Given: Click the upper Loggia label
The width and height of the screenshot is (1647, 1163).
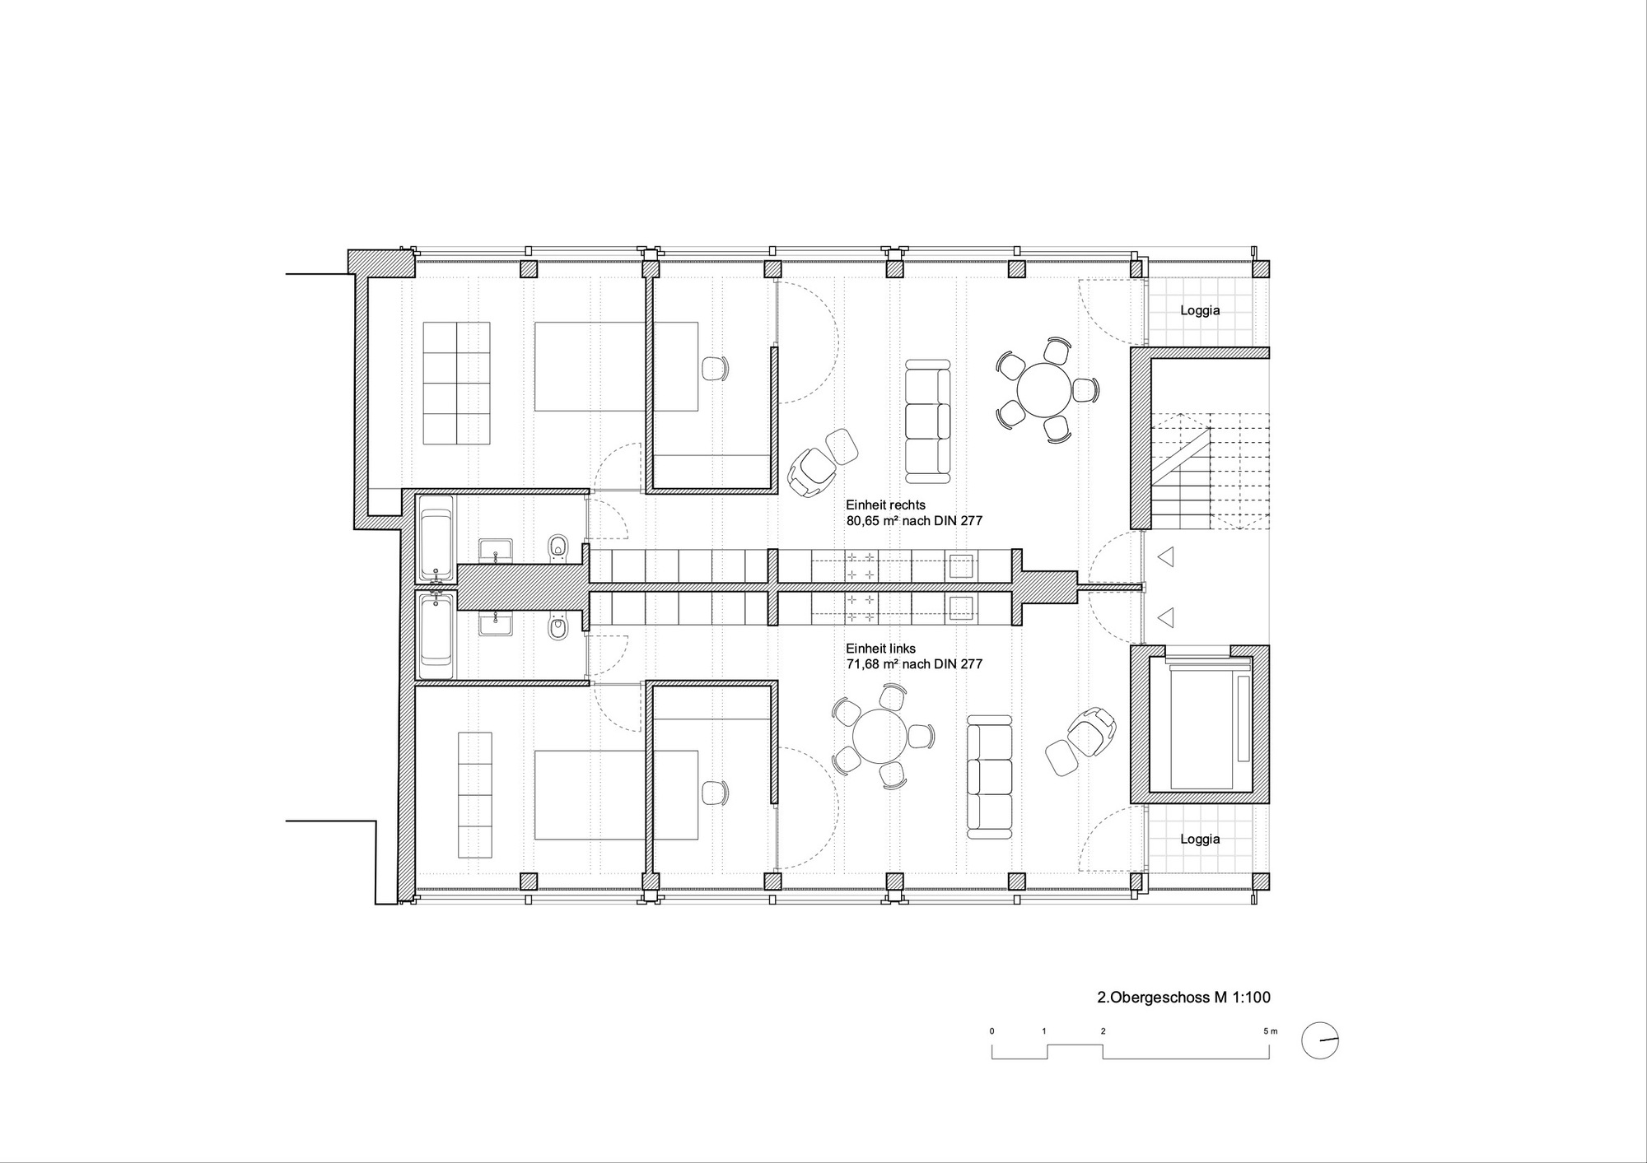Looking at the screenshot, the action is (1200, 311).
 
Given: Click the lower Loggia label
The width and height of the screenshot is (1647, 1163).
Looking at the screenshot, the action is (1200, 840).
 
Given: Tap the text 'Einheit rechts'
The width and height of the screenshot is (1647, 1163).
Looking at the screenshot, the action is (885, 505).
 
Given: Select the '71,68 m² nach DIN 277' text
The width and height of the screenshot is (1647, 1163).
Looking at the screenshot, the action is (914, 664).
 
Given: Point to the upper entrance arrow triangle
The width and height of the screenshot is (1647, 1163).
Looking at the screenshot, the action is (1164, 558).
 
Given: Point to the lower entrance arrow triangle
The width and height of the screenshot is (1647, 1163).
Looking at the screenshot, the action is (1164, 617).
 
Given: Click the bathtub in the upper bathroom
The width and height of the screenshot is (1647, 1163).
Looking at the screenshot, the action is (436, 537).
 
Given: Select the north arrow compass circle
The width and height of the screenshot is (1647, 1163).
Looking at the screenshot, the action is (1320, 1041).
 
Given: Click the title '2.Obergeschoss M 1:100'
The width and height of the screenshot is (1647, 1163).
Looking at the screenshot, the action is (1184, 998).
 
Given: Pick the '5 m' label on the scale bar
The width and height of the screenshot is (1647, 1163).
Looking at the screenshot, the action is (1271, 1031).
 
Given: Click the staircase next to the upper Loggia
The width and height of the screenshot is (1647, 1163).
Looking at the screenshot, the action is (1210, 472).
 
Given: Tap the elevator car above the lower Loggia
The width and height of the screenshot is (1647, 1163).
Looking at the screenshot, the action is (1208, 722).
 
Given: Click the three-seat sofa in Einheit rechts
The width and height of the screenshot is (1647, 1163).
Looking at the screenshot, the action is (927, 421).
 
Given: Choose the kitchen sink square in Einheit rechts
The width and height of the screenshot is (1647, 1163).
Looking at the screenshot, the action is (961, 566).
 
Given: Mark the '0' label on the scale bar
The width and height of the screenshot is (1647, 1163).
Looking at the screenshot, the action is (992, 1031).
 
